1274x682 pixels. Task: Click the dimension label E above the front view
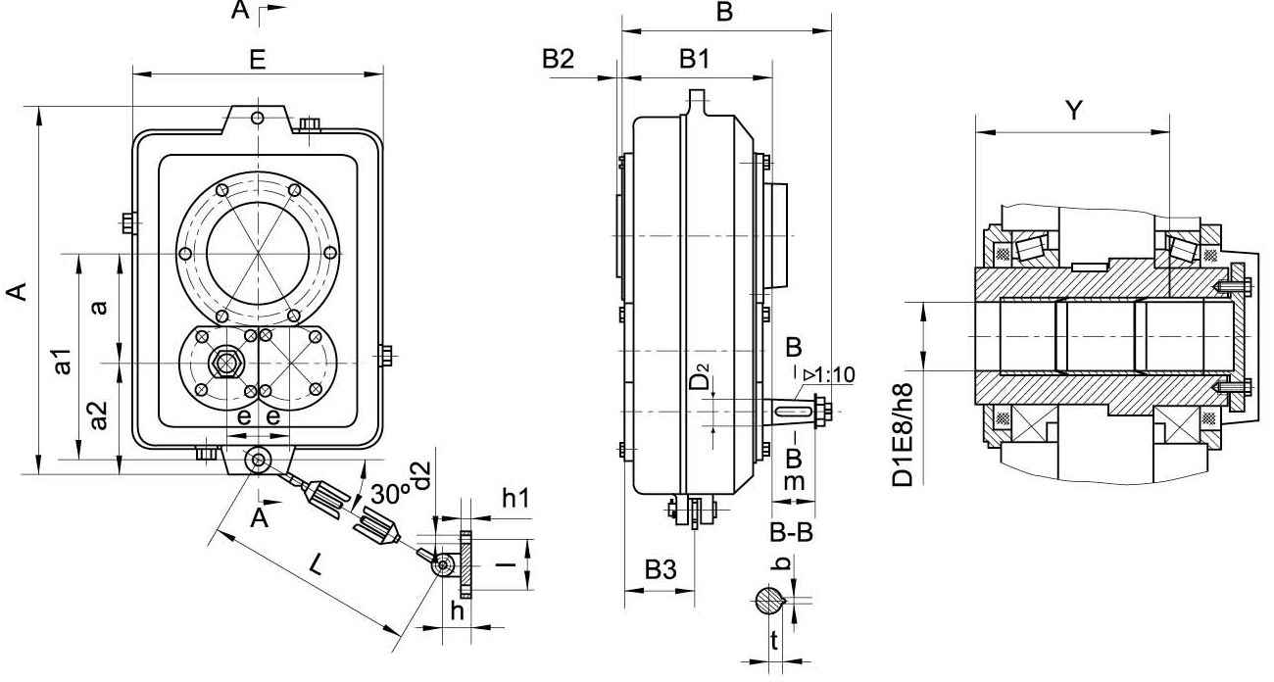(257, 59)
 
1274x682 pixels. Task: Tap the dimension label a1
(65, 361)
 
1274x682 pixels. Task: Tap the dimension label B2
(559, 61)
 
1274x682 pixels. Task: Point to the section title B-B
(791, 534)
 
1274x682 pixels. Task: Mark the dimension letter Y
(1074, 111)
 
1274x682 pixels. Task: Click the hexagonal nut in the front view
(226, 364)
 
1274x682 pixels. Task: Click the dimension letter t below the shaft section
(774, 643)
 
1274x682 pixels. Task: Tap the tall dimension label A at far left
(20, 290)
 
